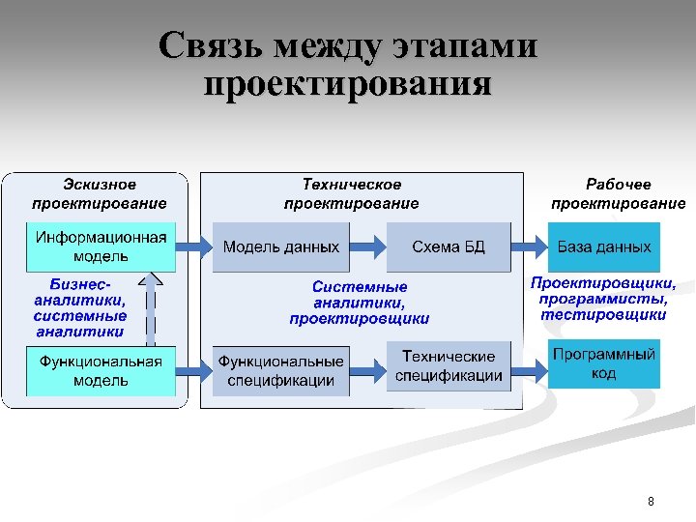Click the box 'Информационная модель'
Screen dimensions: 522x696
coord(101,246)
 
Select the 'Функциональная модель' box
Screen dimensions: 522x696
coord(101,370)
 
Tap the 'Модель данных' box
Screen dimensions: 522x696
coord(281,246)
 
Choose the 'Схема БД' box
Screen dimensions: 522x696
coord(448,246)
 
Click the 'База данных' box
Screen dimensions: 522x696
coord(604,246)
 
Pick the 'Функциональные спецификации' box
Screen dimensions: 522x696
coord(281,370)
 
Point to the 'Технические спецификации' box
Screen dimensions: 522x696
coord(448,365)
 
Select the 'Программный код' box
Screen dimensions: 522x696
coord(604,363)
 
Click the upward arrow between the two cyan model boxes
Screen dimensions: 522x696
coord(149,307)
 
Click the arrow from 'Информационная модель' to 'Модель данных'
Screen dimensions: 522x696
coord(194,246)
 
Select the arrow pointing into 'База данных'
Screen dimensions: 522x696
coord(530,246)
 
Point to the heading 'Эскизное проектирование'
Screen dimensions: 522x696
coord(100,193)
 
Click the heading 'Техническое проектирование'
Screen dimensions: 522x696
coord(352,193)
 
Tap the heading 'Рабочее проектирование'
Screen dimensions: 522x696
coord(618,193)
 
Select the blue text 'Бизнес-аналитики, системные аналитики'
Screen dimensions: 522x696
coord(80,308)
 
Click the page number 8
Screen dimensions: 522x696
coord(651,501)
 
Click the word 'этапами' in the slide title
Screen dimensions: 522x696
coord(465,45)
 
